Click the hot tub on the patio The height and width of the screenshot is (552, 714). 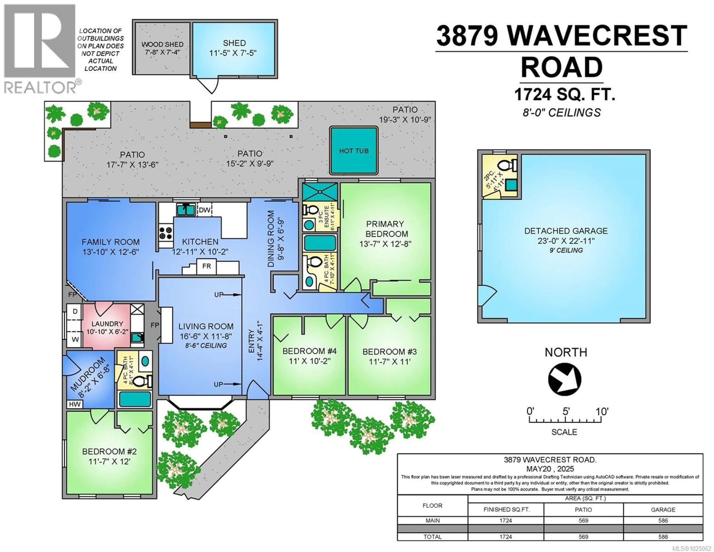[354, 151]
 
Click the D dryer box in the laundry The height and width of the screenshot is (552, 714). [75, 311]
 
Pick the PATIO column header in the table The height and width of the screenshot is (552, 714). [583, 509]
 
